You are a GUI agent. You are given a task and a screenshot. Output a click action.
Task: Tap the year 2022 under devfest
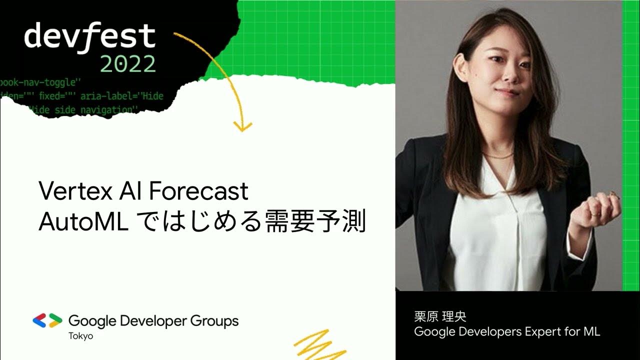(x=127, y=64)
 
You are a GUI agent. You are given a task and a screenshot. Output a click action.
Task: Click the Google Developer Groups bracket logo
(x=47, y=320)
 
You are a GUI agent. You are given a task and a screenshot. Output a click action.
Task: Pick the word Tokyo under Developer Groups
(x=80, y=336)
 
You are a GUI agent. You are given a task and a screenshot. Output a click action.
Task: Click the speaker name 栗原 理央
(x=440, y=317)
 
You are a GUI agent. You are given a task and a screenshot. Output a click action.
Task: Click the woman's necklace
(x=497, y=156)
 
